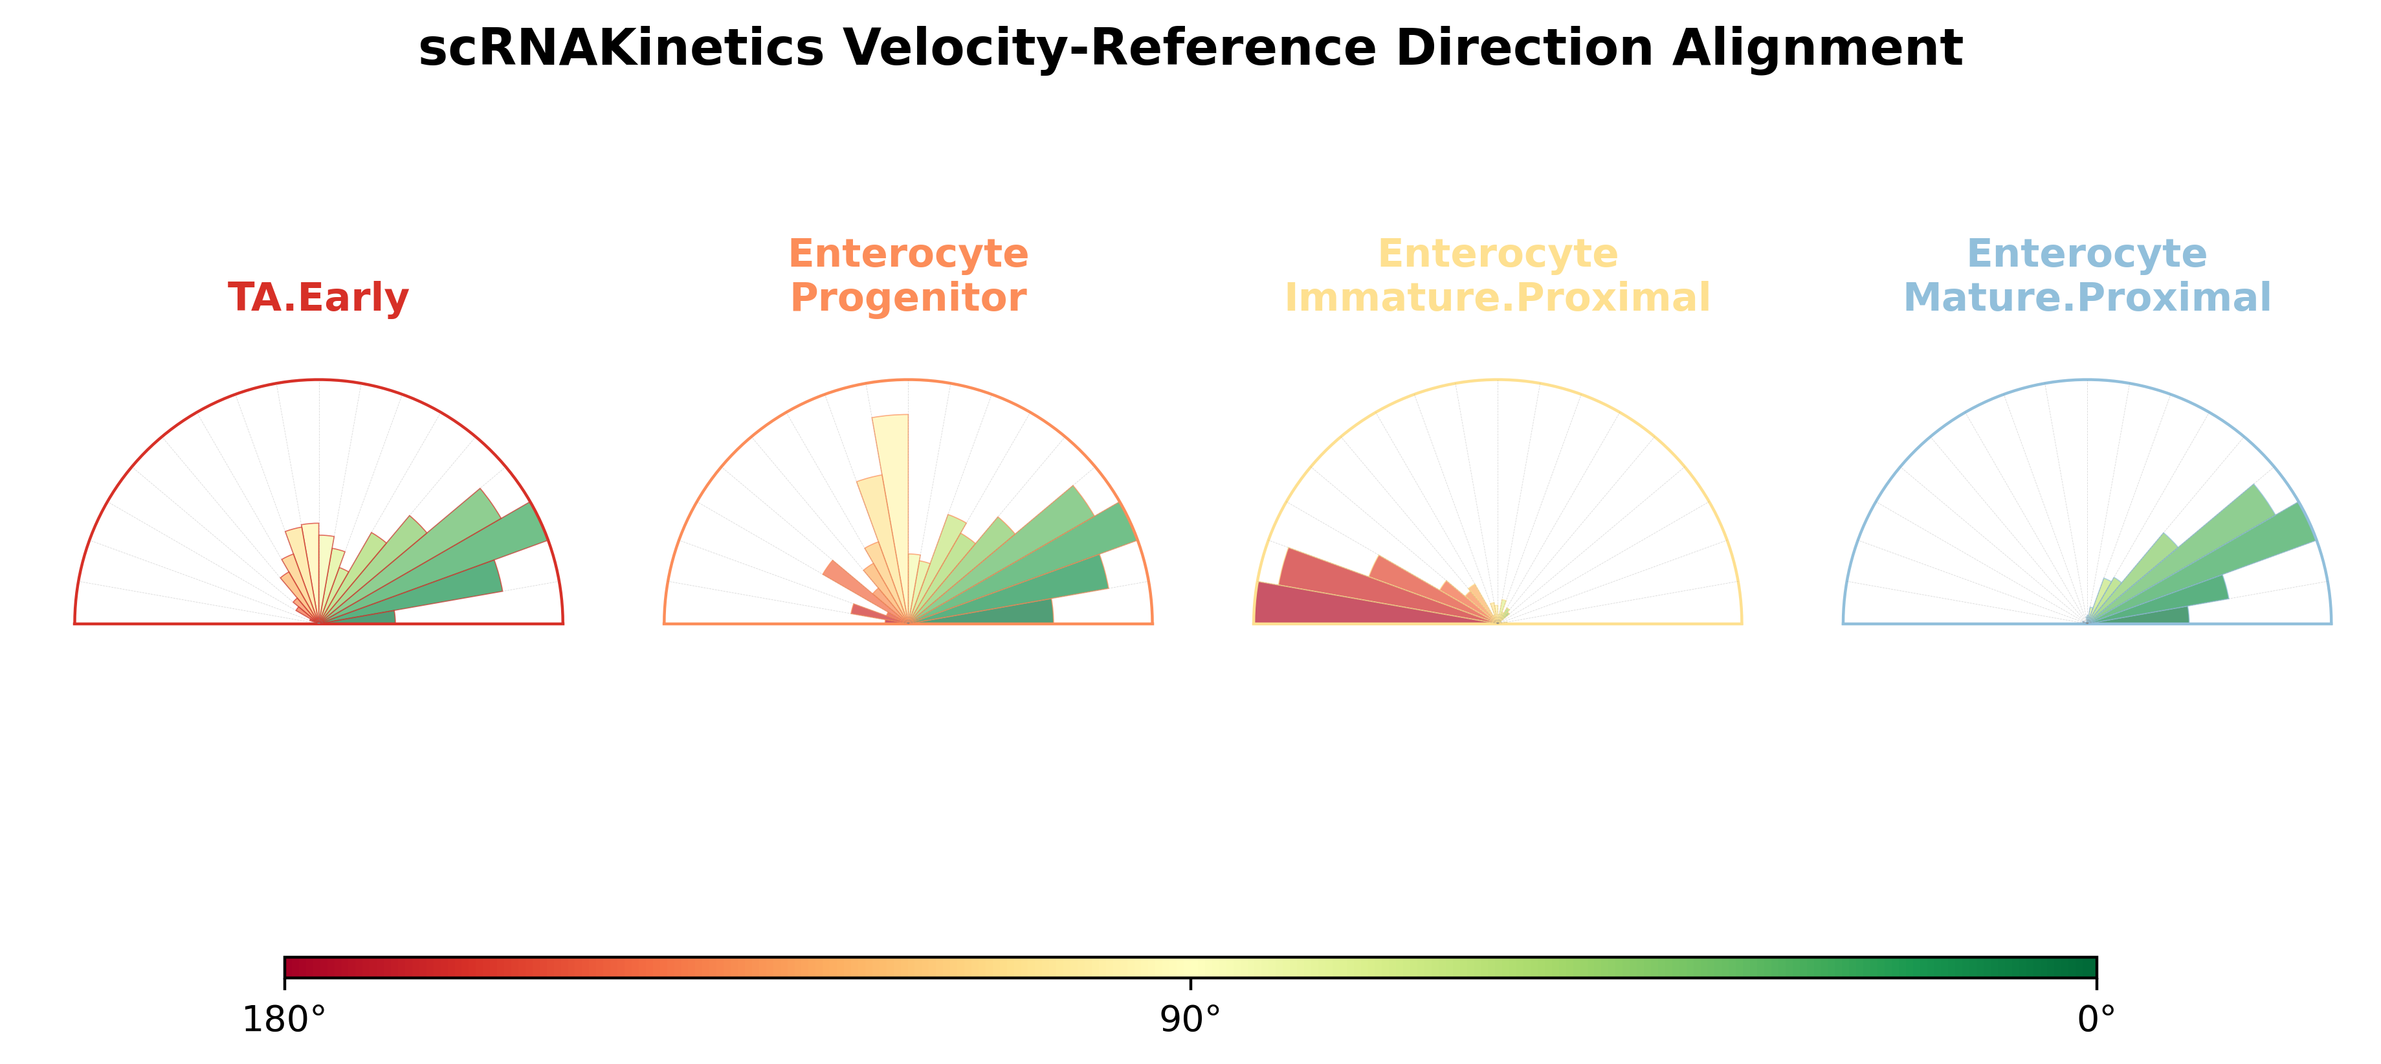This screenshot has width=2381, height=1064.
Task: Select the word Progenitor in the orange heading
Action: pyautogui.click(x=907, y=298)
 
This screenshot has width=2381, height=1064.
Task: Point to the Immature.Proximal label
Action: pyautogui.click(x=1498, y=298)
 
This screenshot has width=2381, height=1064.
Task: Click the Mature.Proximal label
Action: pyautogui.click(x=2087, y=298)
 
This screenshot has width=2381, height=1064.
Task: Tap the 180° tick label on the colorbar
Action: pyautogui.click(x=283, y=1019)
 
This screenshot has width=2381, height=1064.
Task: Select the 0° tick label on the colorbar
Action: pyautogui.click(x=2096, y=1019)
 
